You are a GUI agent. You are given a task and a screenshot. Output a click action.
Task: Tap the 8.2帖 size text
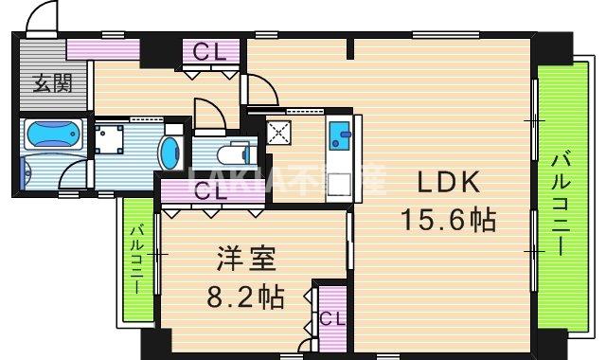tap(245, 298)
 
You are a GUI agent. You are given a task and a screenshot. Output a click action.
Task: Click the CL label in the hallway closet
tap(209, 52)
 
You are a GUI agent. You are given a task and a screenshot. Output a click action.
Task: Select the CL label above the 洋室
tap(209, 191)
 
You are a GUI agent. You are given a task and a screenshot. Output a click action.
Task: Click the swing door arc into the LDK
tap(261, 91)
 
